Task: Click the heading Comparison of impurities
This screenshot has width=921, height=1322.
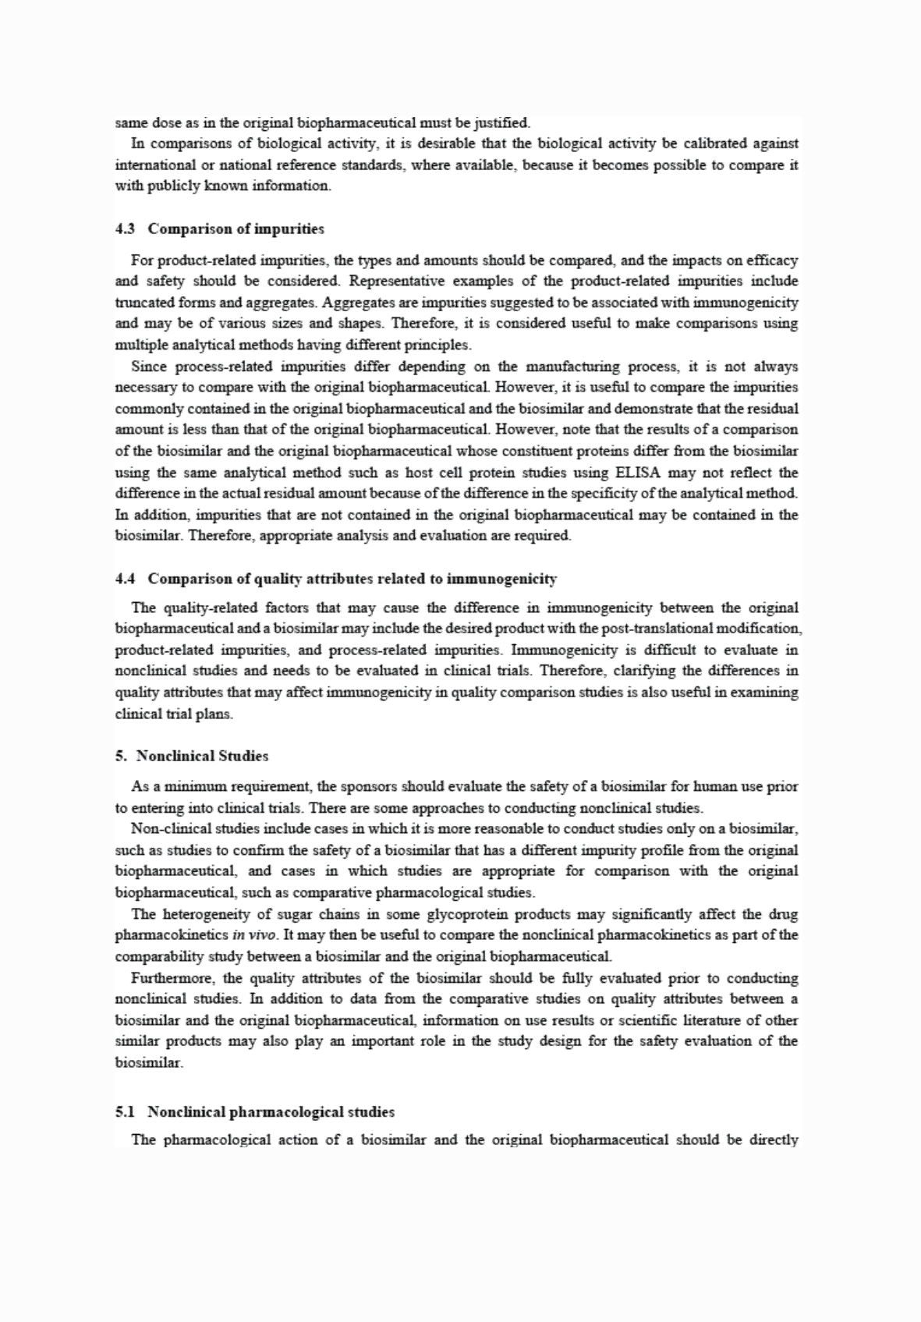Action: (x=236, y=229)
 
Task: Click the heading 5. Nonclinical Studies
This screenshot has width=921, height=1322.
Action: (x=192, y=756)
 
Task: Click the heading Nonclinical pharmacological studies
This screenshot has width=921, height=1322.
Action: (x=271, y=1111)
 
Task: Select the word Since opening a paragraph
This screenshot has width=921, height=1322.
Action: (x=149, y=367)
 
